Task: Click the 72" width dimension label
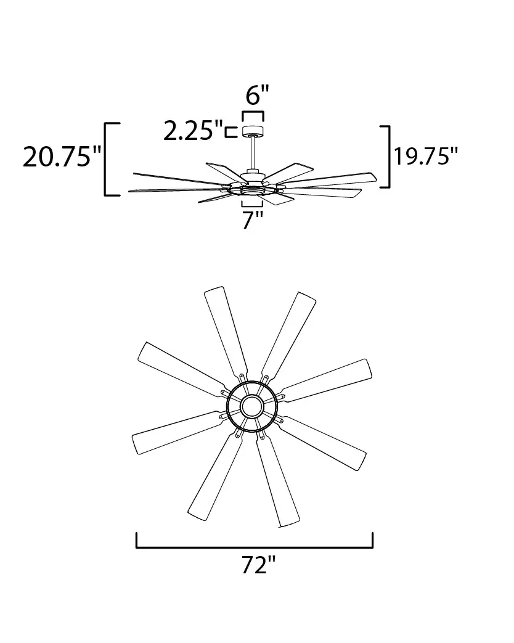(258, 565)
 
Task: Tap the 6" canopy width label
(257, 95)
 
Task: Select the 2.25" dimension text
(193, 131)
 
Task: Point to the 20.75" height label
(62, 157)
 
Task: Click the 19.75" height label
(425, 156)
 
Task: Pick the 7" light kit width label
(252, 220)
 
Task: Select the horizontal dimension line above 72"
(255, 547)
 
